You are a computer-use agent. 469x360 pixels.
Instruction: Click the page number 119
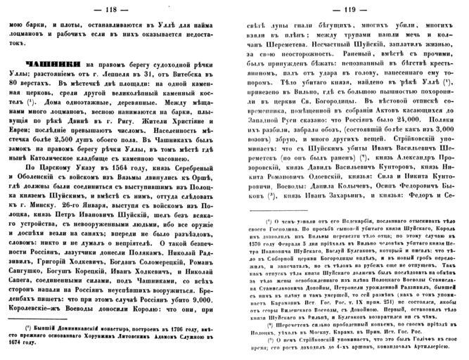point(354,8)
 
